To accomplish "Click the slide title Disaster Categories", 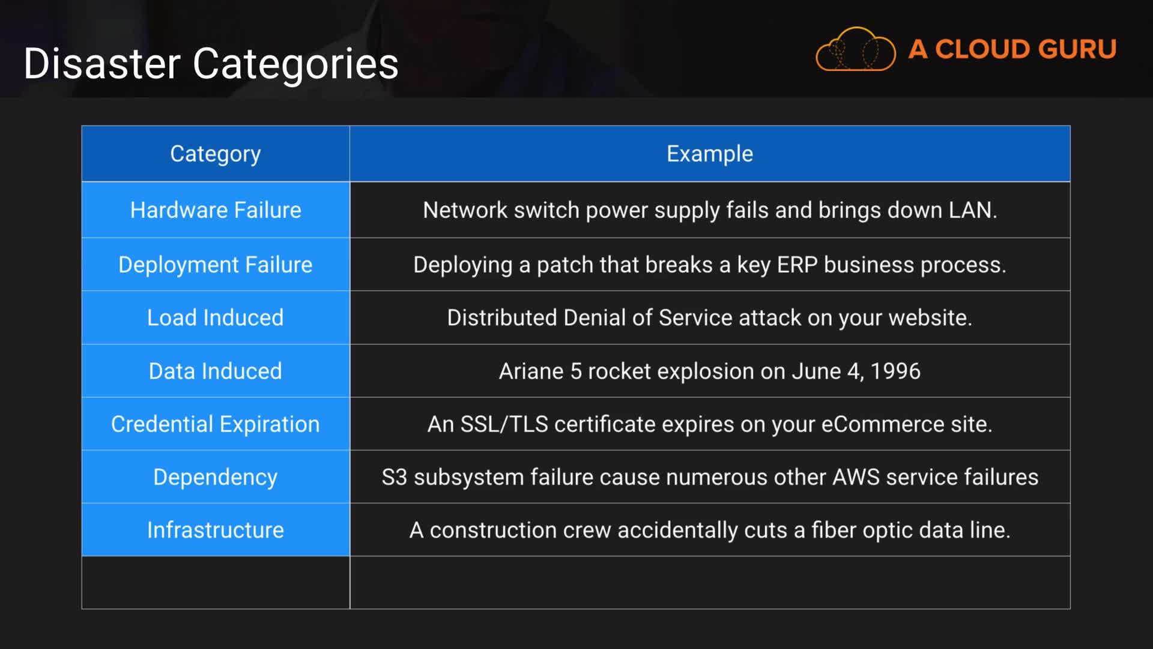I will point(211,63).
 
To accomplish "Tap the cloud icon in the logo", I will point(855,49).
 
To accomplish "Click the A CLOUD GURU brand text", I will point(1012,49).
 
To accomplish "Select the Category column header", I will point(215,154).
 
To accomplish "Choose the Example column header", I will point(709,154).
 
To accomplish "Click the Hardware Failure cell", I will point(215,210).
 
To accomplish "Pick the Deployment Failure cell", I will point(215,264).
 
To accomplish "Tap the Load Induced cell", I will point(215,317).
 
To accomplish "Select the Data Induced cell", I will point(215,371).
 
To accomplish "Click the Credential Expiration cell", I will point(215,424).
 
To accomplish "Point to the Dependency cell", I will point(215,477).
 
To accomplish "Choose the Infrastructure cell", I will point(215,529).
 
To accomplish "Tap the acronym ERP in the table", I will point(797,264).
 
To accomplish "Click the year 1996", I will point(895,371).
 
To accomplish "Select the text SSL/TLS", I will point(504,424).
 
